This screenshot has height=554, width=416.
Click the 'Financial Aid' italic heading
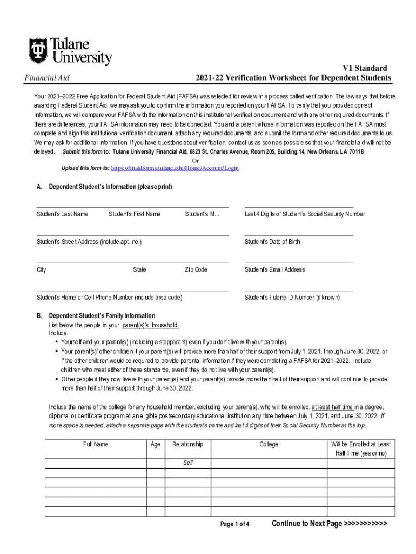click(48, 78)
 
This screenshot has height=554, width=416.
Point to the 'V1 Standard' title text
click(365, 68)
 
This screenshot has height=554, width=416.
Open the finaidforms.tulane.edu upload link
click(175, 168)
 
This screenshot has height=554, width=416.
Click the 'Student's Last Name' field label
click(62, 214)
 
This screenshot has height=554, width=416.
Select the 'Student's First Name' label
click(135, 214)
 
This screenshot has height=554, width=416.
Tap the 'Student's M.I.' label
click(202, 214)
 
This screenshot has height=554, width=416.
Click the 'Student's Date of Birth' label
click(272, 242)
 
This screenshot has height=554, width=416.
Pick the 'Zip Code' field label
click(196, 269)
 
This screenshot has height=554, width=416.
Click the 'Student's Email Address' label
click(274, 269)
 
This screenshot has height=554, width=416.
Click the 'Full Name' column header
click(96, 444)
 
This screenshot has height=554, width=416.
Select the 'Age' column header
click(156, 444)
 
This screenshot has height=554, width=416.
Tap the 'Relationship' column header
click(187, 444)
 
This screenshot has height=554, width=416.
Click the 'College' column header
click(269, 444)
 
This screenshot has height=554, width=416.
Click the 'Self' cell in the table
click(188, 463)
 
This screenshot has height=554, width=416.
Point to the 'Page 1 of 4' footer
click(235, 524)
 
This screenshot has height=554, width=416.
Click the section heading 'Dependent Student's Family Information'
click(102, 315)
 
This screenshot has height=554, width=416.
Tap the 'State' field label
click(139, 269)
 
